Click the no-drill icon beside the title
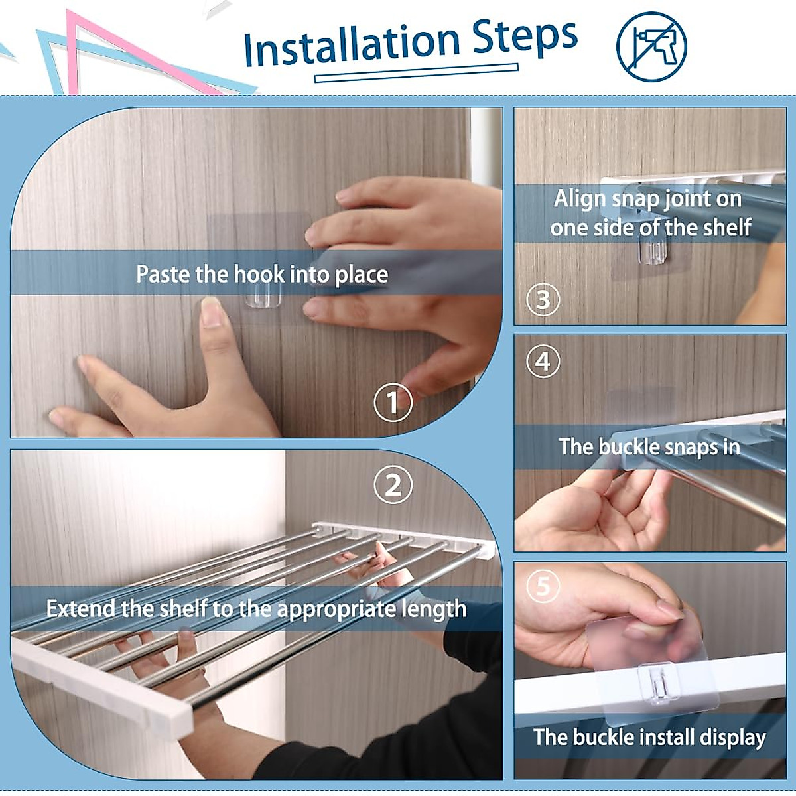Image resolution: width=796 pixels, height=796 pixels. (x=651, y=46)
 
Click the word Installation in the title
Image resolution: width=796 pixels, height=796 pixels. (x=352, y=46)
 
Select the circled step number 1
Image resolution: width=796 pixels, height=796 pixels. (x=393, y=402)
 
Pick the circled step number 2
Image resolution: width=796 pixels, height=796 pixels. (x=393, y=484)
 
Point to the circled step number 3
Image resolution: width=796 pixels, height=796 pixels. (x=543, y=299)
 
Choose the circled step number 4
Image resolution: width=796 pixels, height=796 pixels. (x=543, y=361)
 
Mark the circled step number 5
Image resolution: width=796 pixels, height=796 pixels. (x=543, y=586)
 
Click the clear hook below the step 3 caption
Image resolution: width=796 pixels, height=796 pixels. (x=653, y=253)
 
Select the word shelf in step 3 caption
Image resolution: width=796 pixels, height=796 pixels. (x=727, y=228)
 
